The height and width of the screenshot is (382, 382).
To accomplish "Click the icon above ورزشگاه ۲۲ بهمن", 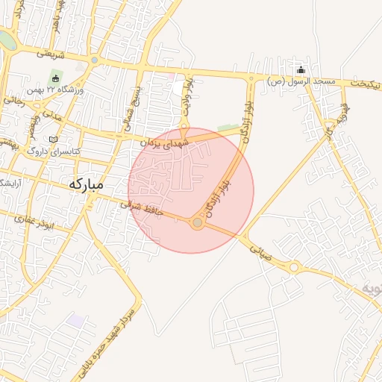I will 55,78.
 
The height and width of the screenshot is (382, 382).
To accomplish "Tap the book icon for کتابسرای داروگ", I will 51,140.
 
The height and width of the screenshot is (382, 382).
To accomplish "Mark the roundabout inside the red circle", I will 198,222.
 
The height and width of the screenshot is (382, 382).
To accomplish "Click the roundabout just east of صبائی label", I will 294,266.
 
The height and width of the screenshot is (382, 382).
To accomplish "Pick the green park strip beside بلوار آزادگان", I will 228,128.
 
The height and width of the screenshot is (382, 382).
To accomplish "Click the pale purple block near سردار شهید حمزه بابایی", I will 75,320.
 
